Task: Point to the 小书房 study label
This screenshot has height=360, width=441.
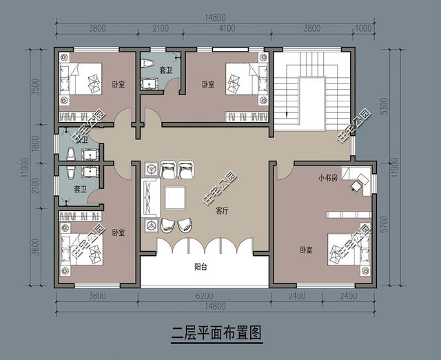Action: point(328,177)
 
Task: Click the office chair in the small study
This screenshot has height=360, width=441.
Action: point(357,183)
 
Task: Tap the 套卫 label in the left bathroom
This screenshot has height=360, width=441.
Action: point(79,190)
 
